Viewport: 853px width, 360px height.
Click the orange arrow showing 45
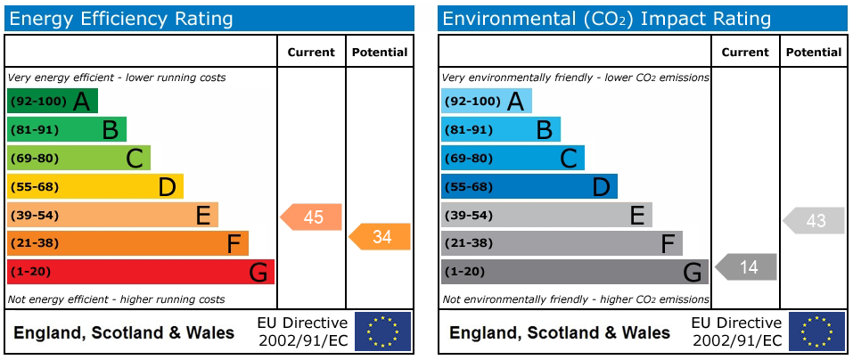point(310,217)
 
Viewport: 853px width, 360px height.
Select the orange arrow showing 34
point(379,236)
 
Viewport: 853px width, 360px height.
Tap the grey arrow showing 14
point(745,267)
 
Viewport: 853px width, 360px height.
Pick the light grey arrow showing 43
point(813,220)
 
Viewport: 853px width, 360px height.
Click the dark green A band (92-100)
point(53,101)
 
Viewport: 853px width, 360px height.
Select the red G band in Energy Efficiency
point(140,272)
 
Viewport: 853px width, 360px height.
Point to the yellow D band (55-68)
point(95,186)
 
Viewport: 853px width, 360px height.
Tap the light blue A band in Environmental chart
point(487,101)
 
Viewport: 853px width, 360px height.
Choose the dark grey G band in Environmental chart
point(575,272)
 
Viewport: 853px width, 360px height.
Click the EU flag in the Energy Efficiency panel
point(383,331)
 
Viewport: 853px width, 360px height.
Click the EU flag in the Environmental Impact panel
point(817,331)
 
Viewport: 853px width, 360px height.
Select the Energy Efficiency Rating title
point(121,19)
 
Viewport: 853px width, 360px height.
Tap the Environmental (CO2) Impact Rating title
point(607,19)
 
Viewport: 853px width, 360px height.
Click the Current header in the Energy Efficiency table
point(311,53)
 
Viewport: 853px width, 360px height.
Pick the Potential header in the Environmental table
point(814,53)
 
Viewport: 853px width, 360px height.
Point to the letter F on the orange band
point(234,243)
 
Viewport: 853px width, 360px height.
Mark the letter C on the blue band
point(569,159)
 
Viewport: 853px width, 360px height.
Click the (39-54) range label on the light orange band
point(34,216)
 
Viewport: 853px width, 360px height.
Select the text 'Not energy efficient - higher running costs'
point(117,299)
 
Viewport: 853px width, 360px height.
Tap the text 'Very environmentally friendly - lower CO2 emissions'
point(576,78)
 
